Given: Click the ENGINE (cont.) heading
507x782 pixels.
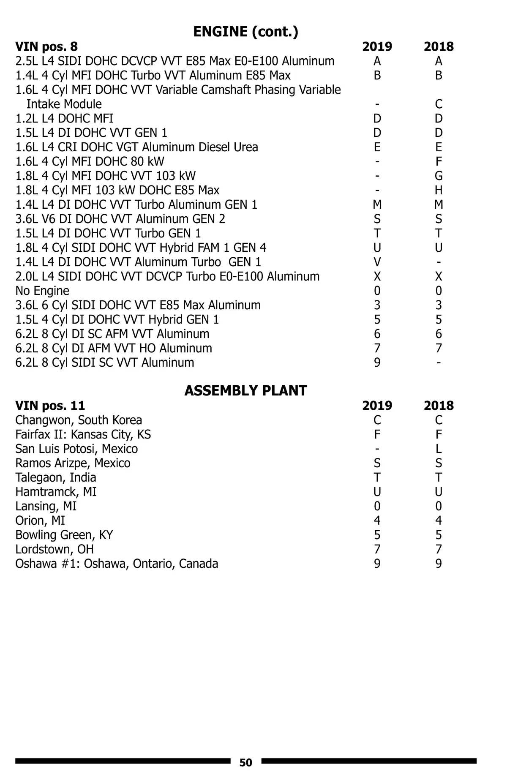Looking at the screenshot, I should pos(245,32).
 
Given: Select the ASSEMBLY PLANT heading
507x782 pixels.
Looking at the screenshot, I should pos(245,391).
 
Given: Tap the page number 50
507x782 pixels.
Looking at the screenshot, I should pos(245,763).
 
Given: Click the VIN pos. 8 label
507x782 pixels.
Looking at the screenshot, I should pos(46,46).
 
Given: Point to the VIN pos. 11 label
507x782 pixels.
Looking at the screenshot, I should pos(50,406).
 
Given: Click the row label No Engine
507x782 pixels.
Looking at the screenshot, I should pos(42,291).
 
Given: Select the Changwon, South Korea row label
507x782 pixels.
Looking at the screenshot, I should pos(79,420).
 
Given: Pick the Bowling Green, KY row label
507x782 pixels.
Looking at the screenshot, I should pos(64,535).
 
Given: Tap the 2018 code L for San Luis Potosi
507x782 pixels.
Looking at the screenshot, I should pos(439,449).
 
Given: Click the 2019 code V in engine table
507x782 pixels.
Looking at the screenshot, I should pos(377,262).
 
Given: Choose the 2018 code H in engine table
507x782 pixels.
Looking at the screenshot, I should pos(439,190).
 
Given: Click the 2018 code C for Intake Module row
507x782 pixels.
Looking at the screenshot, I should pos(439,104).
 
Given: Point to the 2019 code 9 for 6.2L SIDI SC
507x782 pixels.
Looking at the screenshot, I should pos(377,362).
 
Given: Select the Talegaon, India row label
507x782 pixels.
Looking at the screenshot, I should pos(56,477).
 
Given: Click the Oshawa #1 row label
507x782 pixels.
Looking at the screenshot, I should pos(117,564).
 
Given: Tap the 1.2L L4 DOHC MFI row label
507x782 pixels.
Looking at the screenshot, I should pos(64,118).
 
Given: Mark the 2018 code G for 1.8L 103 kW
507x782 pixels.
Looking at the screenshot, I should pos(439,176).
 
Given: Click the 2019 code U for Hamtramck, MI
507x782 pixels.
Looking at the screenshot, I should pos(377,492).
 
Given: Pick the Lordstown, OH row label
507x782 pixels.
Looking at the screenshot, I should pos(55,549).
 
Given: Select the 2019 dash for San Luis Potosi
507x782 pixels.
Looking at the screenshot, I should pos(377,449).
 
